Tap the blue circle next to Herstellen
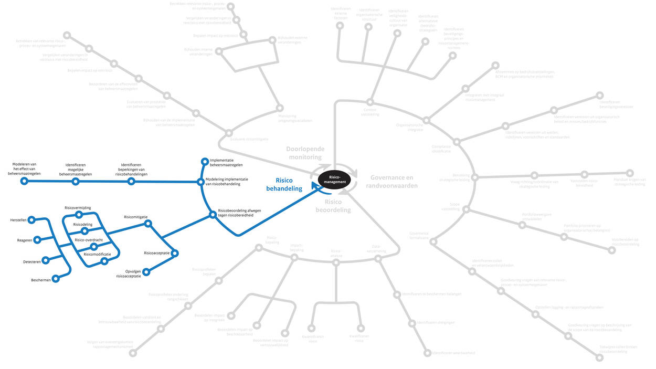[x=31, y=220]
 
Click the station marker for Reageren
[x=37, y=240]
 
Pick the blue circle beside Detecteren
[x=45, y=260]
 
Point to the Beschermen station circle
[x=56, y=279]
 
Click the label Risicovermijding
[x=78, y=208]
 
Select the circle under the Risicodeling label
[x=84, y=230]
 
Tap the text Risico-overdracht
[x=88, y=240]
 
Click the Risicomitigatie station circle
[x=147, y=223]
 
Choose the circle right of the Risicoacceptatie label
[x=175, y=253]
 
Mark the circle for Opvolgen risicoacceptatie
[x=146, y=271]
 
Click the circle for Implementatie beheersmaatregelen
[x=205, y=161]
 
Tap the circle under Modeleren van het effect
[x=24, y=181]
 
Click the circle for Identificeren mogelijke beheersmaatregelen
[x=75, y=182]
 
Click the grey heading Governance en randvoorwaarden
[x=392, y=182]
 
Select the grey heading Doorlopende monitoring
[x=305, y=153]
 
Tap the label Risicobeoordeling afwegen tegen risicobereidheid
[x=239, y=213]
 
